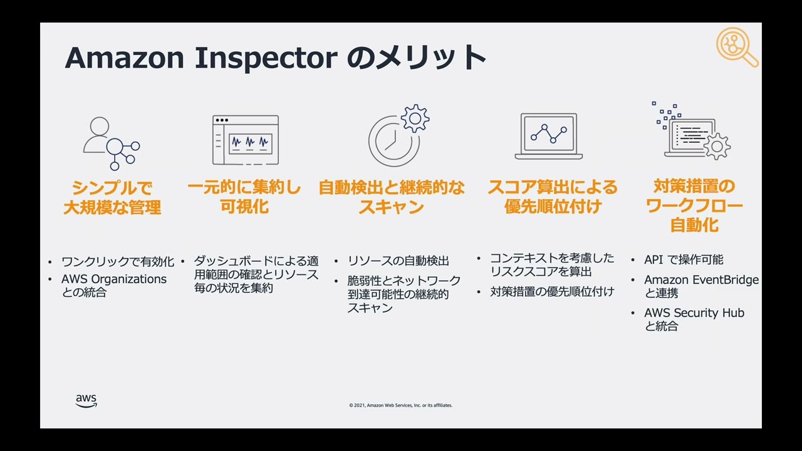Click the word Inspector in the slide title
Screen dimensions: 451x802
click(266, 58)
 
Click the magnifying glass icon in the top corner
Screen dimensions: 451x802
click(737, 47)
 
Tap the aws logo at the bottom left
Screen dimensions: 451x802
click(86, 401)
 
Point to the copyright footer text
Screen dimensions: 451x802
click(400, 405)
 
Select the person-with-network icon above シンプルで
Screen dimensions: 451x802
click(111, 143)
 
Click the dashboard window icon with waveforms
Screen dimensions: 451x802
click(246, 140)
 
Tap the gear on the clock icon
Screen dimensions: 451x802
click(415, 118)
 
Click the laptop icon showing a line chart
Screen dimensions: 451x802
click(549, 137)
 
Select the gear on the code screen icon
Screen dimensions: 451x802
click(716, 146)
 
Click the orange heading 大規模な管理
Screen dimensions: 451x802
click(112, 207)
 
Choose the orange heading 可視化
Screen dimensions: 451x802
click(244, 207)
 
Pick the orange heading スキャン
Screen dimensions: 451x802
click(392, 207)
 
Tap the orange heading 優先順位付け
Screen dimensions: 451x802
click(553, 207)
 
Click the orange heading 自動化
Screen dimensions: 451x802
click(694, 225)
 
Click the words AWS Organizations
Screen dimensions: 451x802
click(114, 279)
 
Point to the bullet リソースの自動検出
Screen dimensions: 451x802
click(398, 261)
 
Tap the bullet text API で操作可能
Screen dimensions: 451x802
click(684, 259)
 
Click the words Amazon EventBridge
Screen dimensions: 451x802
click(701, 279)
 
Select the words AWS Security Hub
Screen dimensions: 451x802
click(694, 313)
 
